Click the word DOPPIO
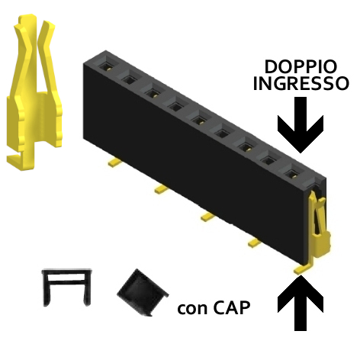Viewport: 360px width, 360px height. pyautogui.click(x=301, y=67)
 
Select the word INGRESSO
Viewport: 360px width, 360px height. pyautogui.click(x=301, y=83)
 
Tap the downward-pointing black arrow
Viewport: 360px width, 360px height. pyautogui.click(x=301, y=124)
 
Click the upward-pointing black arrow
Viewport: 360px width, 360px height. pyautogui.click(x=301, y=303)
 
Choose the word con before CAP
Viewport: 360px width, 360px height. pyautogui.click(x=193, y=310)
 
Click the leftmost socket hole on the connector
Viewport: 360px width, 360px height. pyautogui.click(x=105, y=66)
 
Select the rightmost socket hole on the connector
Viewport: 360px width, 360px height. pyautogui.click(x=291, y=174)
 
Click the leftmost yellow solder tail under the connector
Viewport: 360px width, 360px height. pyautogui.click(x=114, y=162)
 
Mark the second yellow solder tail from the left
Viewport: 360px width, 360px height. pyautogui.click(x=160, y=189)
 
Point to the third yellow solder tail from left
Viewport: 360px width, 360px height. pyautogui.click(x=207, y=217)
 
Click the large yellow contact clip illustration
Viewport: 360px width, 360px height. pyautogui.click(x=34, y=92)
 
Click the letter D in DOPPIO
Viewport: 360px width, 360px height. pyautogui.click(x=271, y=67)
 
